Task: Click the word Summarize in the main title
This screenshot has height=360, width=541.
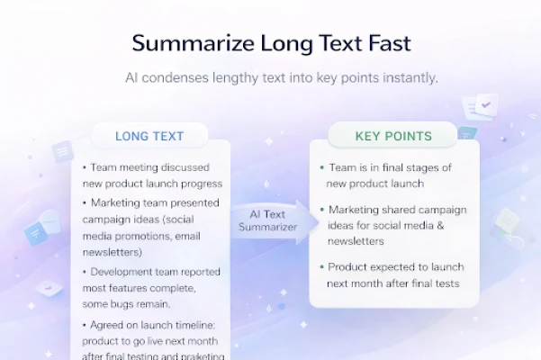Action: [194, 43]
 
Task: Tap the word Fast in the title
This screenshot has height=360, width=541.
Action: [390, 43]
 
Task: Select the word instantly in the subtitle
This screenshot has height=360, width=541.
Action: [410, 78]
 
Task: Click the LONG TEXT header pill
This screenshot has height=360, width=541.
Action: [149, 136]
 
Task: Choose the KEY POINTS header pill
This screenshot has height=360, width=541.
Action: [393, 136]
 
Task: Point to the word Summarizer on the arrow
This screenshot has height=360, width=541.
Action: [267, 227]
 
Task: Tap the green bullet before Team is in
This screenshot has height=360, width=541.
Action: [322, 168]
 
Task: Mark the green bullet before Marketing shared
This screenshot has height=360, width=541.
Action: [322, 210]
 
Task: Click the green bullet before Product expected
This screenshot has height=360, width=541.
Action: [322, 267]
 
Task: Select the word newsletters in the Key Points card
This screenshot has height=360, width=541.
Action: [356, 241]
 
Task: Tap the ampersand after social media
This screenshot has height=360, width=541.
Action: [440, 226]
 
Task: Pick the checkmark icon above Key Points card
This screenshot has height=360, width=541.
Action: [486, 104]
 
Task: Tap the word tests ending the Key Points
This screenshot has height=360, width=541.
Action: [447, 283]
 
